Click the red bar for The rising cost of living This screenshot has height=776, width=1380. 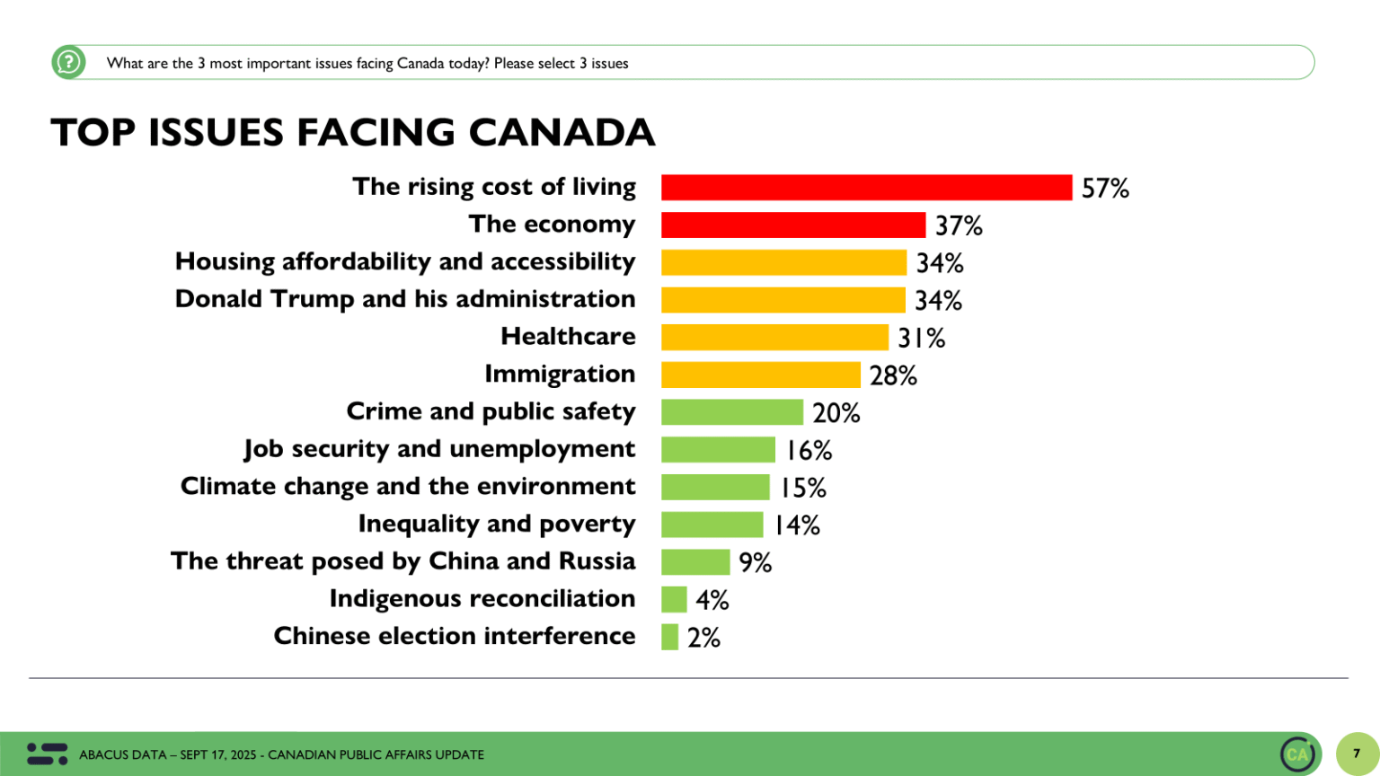866,187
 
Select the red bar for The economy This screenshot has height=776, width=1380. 792,225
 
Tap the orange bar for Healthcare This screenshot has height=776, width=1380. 774,337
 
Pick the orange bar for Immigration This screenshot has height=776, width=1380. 760,375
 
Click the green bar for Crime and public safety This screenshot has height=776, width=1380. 731,412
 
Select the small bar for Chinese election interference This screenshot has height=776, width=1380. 669,637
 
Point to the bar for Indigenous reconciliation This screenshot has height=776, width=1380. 674,599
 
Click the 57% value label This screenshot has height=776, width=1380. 1104,188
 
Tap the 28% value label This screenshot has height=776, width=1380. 892,375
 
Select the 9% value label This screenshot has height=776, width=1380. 755,562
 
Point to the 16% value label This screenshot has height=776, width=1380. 809,450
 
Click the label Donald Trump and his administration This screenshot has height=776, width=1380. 405,299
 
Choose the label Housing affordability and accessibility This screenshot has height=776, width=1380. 405,261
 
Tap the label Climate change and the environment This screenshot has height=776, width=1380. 408,486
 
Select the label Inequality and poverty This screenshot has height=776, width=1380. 496,524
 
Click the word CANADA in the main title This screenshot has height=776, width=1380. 562,132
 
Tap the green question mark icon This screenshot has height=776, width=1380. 68,62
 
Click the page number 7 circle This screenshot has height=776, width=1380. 1357,754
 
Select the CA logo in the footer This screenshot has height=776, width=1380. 1298,754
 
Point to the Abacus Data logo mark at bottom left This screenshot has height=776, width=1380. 47,754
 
